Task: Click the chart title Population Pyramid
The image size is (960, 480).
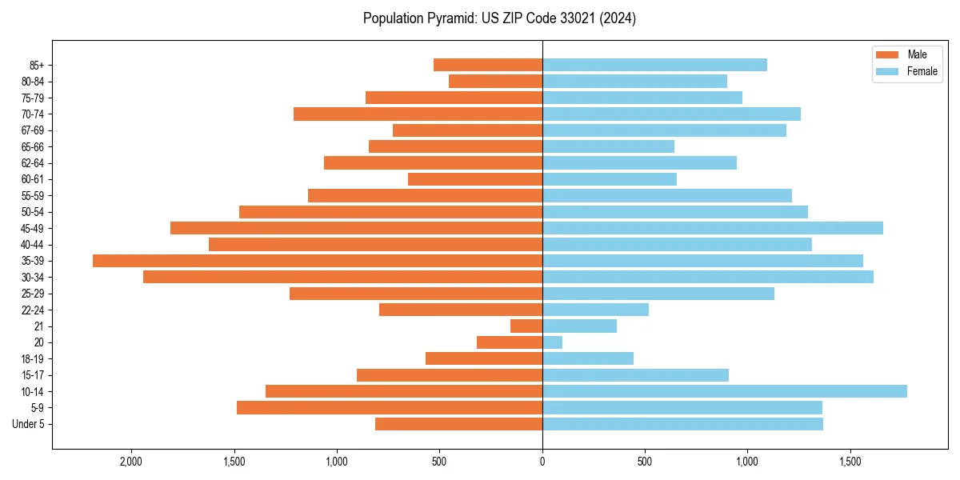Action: (x=499, y=18)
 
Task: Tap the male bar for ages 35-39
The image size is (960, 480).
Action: (x=318, y=261)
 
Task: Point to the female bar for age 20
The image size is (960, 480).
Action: (x=552, y=342)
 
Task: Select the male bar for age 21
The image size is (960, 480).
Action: (x=526, y=326)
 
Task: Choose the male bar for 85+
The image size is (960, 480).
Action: (x=488, y=65)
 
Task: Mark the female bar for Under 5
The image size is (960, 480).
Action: (x=682, y=424)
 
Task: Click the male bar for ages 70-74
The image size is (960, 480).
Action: (x=418, y=114)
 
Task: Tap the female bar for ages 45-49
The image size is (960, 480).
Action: (x=713, y=228)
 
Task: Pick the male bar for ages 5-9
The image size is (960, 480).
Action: (x=390, y=408)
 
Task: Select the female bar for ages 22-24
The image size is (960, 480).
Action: (x=595, y=310)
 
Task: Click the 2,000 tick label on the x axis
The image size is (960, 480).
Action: (x=131, y=462)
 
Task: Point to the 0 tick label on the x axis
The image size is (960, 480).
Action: (x=542, y=462)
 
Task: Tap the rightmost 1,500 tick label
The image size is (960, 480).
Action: (x=850, y=462)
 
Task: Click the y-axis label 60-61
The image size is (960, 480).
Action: (x=33, y=179)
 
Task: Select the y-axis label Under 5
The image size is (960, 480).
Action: (x=28, y=424)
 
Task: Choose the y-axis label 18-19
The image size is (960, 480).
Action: (x=33, y=359)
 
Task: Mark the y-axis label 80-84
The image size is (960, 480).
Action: (x=33, y=82)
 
